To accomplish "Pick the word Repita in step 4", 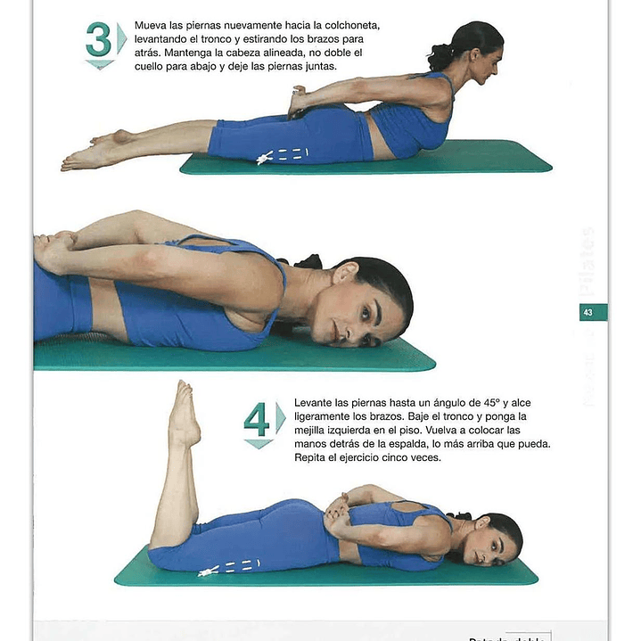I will pyautogui.click(x=311, y=457).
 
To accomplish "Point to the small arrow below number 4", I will pyautogui.click(x=257, y=443).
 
